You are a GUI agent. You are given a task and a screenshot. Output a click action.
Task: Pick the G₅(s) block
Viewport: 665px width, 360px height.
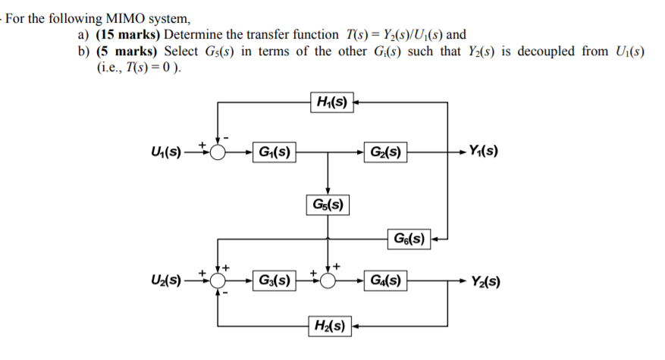pyautogui.click(x=328, y=204)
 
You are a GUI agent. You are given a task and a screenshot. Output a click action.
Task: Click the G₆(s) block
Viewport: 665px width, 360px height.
pyautogui.click(x=409, y=241)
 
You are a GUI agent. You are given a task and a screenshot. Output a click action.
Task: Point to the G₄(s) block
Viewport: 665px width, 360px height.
pyautogui.click(x=385, y=281)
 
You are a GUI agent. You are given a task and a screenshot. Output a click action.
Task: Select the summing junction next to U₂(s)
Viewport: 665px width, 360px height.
pyautogui.click(x=218, y=281)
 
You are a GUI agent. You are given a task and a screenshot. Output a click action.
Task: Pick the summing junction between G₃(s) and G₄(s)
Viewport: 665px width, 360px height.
pyautogui.click(x=328, y=281)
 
